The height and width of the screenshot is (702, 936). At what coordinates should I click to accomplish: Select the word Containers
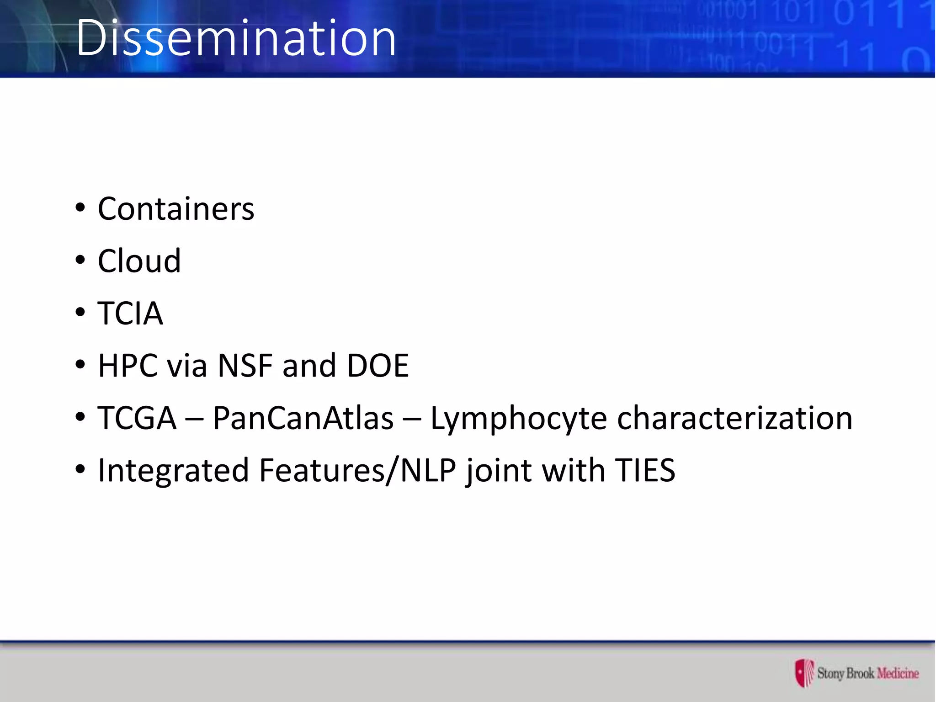(176, 209)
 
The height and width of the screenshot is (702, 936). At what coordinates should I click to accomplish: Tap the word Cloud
(139, 261)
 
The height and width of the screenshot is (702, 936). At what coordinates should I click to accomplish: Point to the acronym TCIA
(130, 314)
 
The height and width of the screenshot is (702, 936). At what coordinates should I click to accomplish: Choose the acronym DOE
(378, 366)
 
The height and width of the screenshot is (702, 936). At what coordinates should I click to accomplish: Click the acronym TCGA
(137, 418)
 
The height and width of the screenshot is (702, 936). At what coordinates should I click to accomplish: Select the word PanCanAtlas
(303, 418)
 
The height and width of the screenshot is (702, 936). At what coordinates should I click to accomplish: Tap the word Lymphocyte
(518, 419)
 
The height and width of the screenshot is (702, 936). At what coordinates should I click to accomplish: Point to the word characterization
(734, 418)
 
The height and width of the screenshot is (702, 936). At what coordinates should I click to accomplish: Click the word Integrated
(174, 471)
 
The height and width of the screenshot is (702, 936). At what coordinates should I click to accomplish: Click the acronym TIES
(645, 470)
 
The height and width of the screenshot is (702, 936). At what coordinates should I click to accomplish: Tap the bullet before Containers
(80, 208)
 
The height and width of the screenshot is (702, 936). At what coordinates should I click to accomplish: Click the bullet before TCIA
(80, 313)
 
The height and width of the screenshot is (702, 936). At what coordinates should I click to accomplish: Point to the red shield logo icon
(804, 673)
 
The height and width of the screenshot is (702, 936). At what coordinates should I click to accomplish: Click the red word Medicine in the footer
(898, 673)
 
